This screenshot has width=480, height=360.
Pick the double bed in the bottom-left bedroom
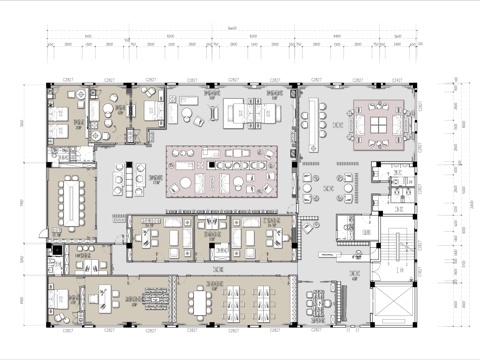tap(62, 301)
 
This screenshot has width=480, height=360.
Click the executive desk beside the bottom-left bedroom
tap(101, 297)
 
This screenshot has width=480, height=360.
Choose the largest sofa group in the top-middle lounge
tap(240, 113)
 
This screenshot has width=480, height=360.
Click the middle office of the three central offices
tap(210, 238)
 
